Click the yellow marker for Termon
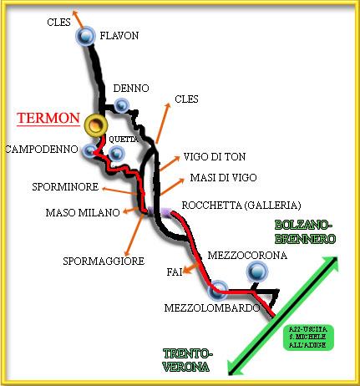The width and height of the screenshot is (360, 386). click(x=96, y=125)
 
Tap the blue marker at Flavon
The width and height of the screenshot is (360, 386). click(x=85, y=36)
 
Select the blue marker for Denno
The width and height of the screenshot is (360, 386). click(x=122, y=105)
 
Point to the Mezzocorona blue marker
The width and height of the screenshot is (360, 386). click(x=257, y=272)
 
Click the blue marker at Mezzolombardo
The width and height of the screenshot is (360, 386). click(x=218, y=290)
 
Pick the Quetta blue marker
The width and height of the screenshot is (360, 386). click(x=117, y=154)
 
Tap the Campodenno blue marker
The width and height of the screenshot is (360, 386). click(x=90, y=150)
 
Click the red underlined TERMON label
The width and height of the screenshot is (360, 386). click(x=48, y=119)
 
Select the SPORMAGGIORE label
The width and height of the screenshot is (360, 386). click(x=104, y=262)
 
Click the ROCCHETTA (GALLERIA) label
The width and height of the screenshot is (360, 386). click(x=241, y=206)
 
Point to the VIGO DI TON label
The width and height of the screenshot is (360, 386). click(x=215, y=157)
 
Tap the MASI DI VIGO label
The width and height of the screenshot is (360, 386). click(x=223, y=178)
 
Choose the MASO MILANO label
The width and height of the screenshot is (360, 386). click(x=83, y=213)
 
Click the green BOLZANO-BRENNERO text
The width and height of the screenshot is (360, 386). click(x=305, y=232)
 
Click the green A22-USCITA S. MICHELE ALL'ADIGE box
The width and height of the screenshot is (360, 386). click(x=308, y=338)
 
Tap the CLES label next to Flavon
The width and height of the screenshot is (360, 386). click(x=58, y=23)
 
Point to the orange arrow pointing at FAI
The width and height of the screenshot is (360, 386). click(x=191, y=268)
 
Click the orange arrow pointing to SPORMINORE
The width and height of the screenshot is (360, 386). click(x=119, y=190)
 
